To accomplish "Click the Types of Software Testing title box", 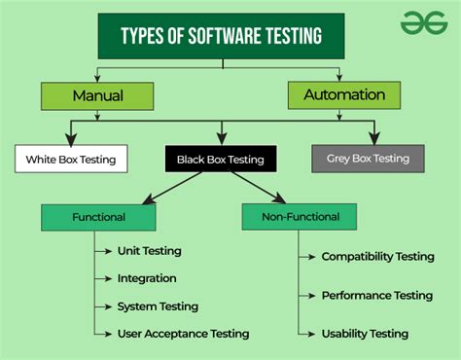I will click(221, 36).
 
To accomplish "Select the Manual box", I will click(97, 95).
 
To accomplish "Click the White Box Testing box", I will click(72, 158).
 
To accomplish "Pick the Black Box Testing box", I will click(220, 158).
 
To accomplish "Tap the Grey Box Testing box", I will click(368, 158).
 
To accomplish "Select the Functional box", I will click(98, 218).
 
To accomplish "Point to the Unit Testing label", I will click(149, 250).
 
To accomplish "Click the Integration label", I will click(147, 278).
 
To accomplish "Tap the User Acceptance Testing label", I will click(183, 334).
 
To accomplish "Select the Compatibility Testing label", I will click(377, 257).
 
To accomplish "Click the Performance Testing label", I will click(376, 294).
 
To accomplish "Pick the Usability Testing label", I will click(365, 334).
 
